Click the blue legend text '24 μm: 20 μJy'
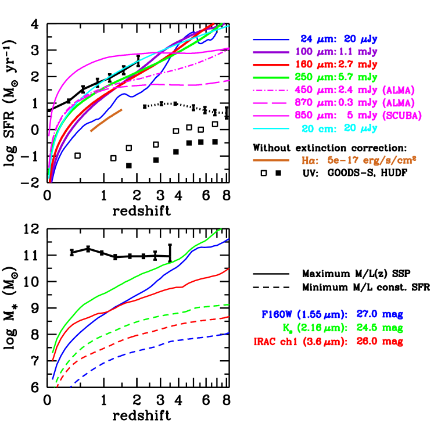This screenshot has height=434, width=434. pos(336,39)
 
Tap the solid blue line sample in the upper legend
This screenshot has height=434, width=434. pos(271,40)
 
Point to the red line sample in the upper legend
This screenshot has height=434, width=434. pos(271,64)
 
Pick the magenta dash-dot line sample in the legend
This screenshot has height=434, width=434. pos(271,90)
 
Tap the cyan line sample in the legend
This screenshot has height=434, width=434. pos(271,128)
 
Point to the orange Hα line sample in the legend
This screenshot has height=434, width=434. pos(271,160)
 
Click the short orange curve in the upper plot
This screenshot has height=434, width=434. pos(106,120)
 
